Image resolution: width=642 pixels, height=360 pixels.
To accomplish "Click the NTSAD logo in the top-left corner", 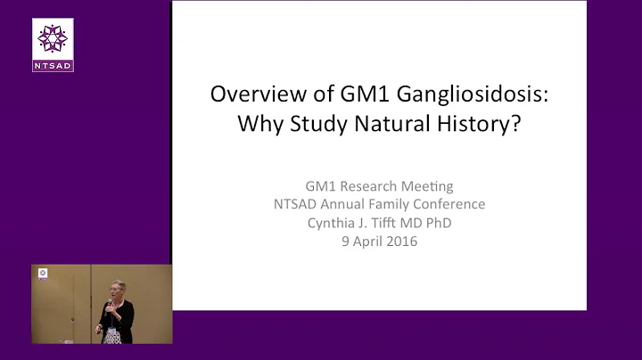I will coord(53,45).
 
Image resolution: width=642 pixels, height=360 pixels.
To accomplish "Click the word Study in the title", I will coord(318,123).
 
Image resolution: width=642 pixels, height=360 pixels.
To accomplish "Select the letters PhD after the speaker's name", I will coord(437,222).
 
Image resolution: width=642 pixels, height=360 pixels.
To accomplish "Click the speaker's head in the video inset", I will coord(119,290).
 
